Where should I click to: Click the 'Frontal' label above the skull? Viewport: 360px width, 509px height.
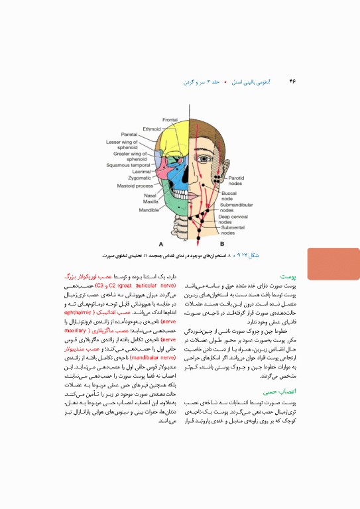click(x=170, y=119)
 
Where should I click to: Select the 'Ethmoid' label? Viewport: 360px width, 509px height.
click(x=152, y=129)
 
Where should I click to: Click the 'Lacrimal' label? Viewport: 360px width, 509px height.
click(x=141, y=171)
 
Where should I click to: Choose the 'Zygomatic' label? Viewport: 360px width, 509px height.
click(x=139, y=178)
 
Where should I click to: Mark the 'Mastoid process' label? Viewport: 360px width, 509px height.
click(x=135, y=186)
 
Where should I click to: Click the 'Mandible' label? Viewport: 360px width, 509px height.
click(x=148, y=209)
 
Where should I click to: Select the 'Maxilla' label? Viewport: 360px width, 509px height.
click(x=150, y=201)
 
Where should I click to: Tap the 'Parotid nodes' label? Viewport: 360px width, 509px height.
click(x=236, y=180)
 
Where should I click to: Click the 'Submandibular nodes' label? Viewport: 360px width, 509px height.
click(x=236, y=208)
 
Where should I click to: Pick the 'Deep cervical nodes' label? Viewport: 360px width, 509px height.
click(x=235, y=219)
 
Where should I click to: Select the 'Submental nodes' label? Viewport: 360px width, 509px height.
click(x=232, y=230)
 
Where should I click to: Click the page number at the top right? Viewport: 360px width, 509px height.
click(x=292, y=82)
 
